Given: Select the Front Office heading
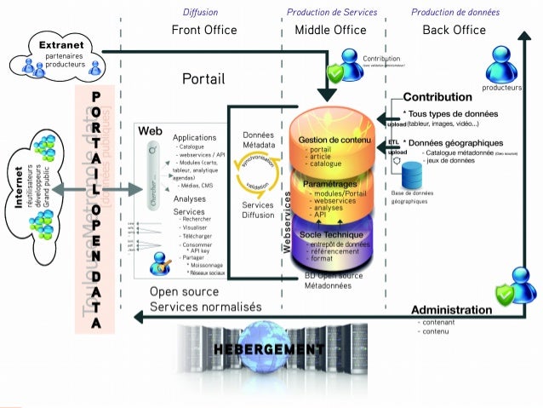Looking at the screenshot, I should click(x=204, y=30).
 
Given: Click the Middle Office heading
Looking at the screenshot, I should click(x=330, y=30).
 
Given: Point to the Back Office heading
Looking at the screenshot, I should click(x=454, y=30).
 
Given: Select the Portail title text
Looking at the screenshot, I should click(x=203, y=79).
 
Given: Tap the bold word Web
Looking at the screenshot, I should click(x=150, y=131).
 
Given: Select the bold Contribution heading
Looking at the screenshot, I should click(x=437, y=97).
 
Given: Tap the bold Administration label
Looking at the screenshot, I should click(x=451, y=310).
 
